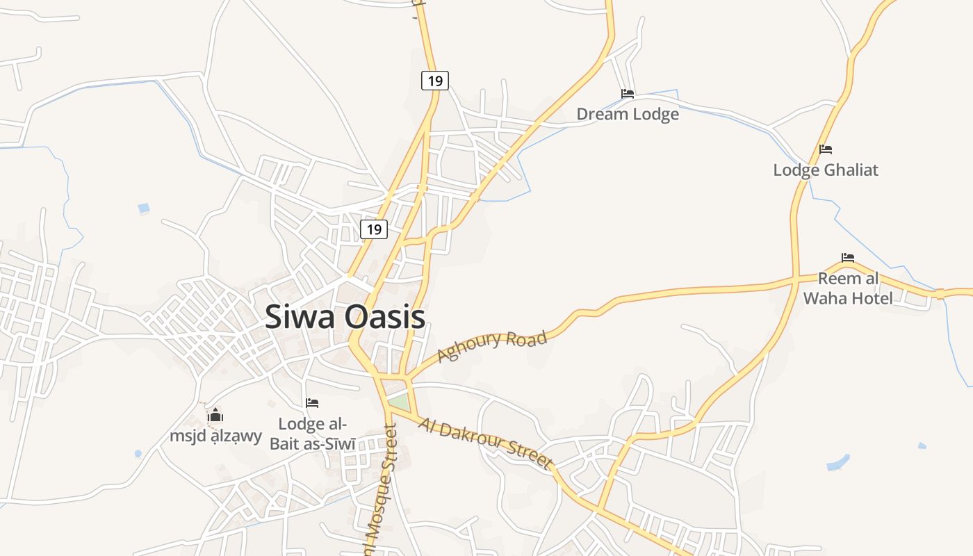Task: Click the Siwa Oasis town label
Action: coord(345,317)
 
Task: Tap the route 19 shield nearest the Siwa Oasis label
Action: coord(374,229)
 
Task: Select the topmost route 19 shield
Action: coord(435,81)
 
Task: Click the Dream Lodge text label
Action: coord(628,114)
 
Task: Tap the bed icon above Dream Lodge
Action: coord(628,93)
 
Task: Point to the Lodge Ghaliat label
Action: coord(826,170)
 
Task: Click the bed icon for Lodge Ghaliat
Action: coord(826,149)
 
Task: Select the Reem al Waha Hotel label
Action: coord(848,288)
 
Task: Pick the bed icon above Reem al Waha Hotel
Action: coord(848,257)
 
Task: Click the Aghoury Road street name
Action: coord(492,346)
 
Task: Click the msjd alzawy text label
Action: coord(216,436)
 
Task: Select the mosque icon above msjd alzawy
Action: coord(216,416)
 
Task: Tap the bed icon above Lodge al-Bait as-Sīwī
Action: coord(312,403)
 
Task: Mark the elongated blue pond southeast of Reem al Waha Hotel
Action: coord(839,462)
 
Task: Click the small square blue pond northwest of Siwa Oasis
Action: coord(144,208)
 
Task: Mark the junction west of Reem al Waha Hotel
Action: coord(795,281)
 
